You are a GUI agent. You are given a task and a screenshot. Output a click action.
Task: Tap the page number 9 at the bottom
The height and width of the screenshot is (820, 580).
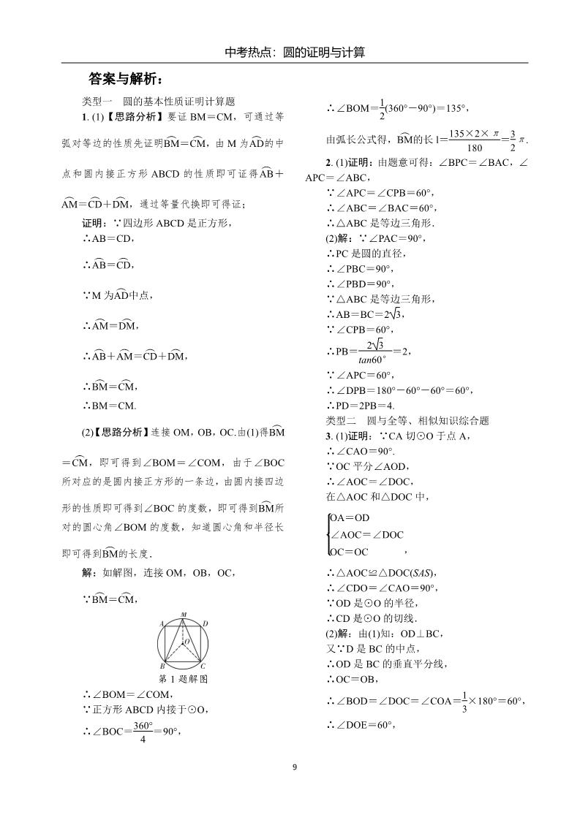coord(295,767)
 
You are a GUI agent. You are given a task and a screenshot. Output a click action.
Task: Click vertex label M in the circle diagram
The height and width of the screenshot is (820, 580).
coord(184,615)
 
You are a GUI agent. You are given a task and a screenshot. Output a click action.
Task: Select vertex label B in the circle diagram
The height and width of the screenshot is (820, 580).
coord(162,667)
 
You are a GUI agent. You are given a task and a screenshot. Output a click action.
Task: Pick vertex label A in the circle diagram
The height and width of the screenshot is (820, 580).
coord(161,623)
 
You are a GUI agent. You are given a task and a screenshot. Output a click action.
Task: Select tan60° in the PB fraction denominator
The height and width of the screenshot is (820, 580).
coord(372,360)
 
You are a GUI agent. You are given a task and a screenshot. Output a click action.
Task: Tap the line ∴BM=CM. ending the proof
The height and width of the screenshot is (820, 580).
coord(110,406)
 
